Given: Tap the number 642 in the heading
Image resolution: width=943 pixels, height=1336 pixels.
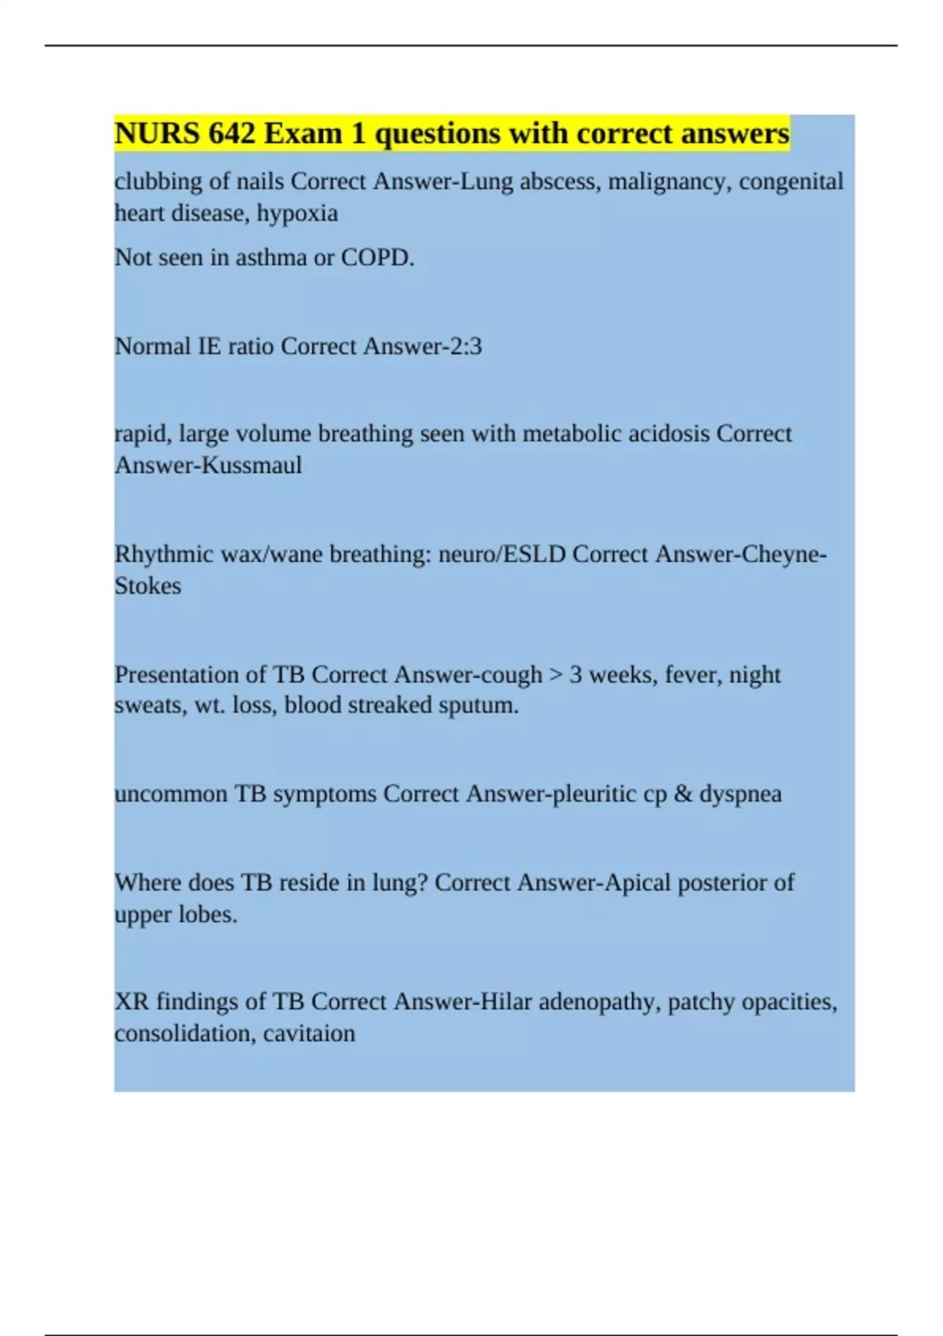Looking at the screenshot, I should click(x=232, y=134).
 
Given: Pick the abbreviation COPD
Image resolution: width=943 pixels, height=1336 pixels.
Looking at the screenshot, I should click(x=377, y=258).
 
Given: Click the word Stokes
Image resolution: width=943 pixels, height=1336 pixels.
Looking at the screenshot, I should click(x=148, y=586).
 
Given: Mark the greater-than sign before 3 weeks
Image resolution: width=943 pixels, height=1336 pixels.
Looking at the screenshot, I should click(x=556, y=675).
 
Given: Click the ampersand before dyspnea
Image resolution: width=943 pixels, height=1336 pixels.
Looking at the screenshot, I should click(x=683, y=794).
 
